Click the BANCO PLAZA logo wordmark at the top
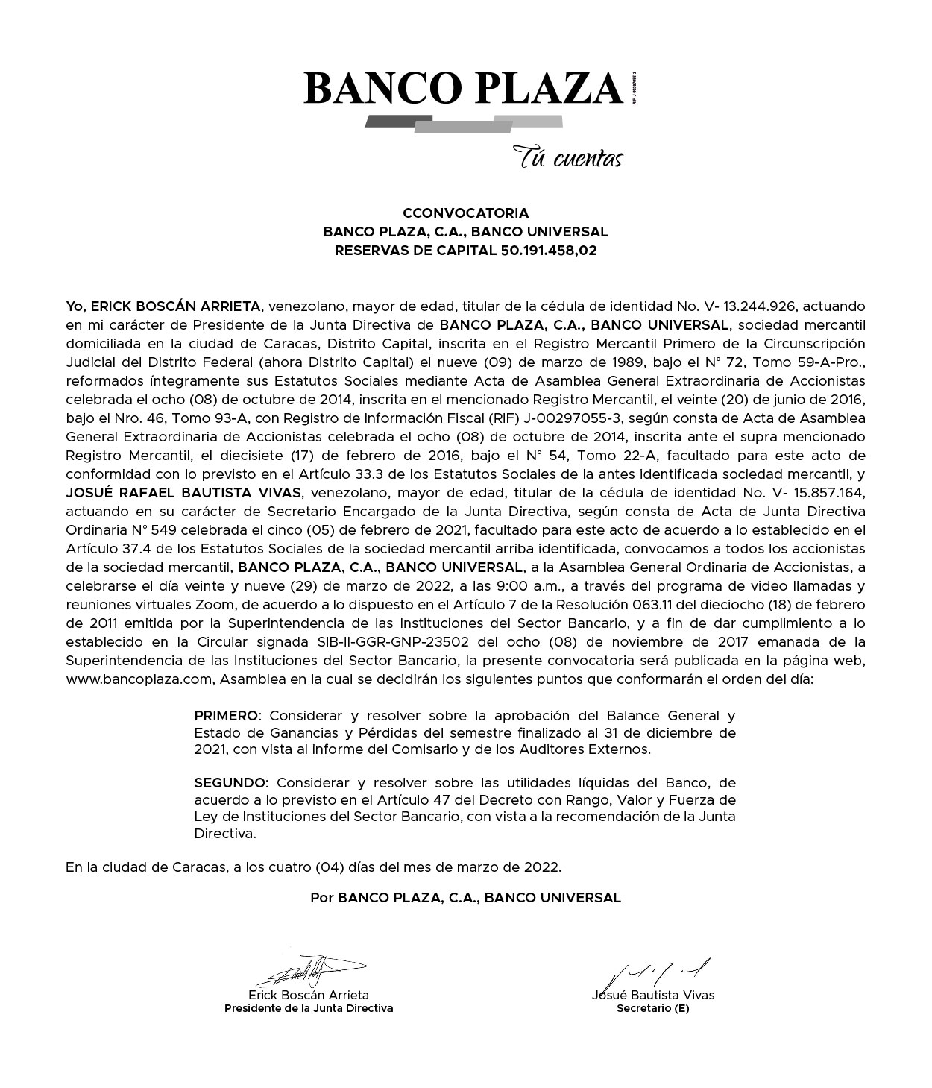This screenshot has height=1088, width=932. (462, 88)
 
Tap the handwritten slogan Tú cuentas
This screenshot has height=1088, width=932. (567, 158)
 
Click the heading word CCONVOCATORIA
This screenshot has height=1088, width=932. (465, 213)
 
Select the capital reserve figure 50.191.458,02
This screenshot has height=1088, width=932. (547, 251)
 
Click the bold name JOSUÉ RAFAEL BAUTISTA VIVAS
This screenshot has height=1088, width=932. (183, 493)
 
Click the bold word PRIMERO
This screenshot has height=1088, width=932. (226, 716)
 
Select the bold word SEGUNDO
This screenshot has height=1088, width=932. (230, 783)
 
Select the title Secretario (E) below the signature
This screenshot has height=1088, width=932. (653, 1009)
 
